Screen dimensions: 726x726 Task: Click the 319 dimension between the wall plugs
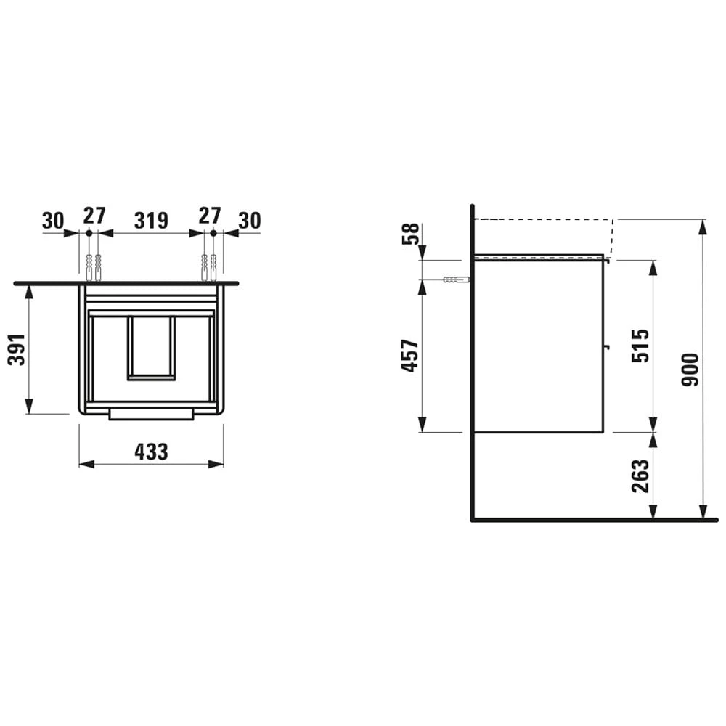click(151, 219)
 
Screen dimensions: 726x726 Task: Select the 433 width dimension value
click(151, 452)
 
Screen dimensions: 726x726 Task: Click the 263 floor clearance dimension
click(640, 476)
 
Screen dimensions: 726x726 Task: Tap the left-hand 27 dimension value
click(94, 216)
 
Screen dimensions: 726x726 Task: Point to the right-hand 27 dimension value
click(209, 216)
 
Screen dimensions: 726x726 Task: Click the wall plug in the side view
click(455, 280)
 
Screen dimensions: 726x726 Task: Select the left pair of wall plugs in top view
click(93, 266)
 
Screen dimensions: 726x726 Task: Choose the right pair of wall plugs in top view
click(209, 266)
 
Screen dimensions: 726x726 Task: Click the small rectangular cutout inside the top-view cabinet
click(151, 347)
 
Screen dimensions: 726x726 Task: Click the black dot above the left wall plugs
click(89, 233)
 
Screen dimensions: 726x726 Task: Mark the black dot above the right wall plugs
click(213, 233)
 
